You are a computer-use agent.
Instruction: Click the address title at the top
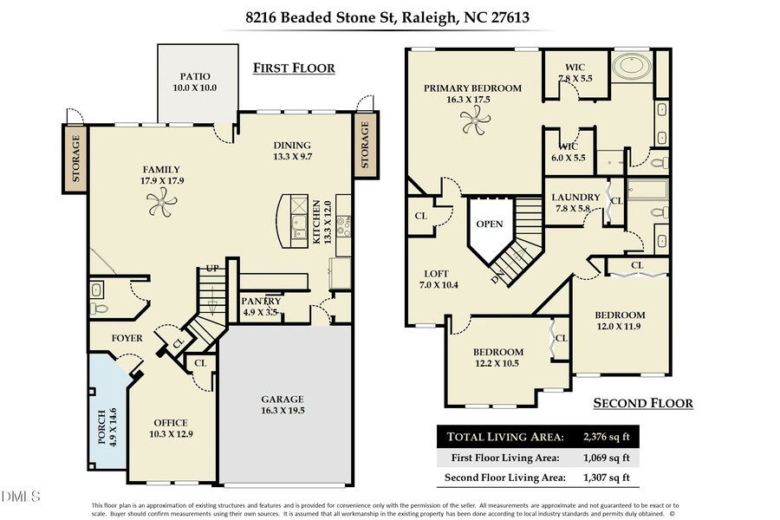point(389,16)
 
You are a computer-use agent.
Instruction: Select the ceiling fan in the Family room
point(162,204)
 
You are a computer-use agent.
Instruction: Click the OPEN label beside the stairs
point(489,224)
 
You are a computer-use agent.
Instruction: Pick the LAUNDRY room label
point(575,203)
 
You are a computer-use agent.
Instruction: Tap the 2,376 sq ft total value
point(607,437)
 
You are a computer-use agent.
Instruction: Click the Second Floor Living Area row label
point(505,478)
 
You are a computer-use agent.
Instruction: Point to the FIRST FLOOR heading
point(293,68)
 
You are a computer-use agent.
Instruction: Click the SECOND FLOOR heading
point(642,403)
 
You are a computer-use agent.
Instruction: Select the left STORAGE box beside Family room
point(75,158)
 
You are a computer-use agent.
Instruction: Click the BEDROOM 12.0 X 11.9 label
point(620,321)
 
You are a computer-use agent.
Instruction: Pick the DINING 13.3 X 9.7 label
point(291,151)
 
